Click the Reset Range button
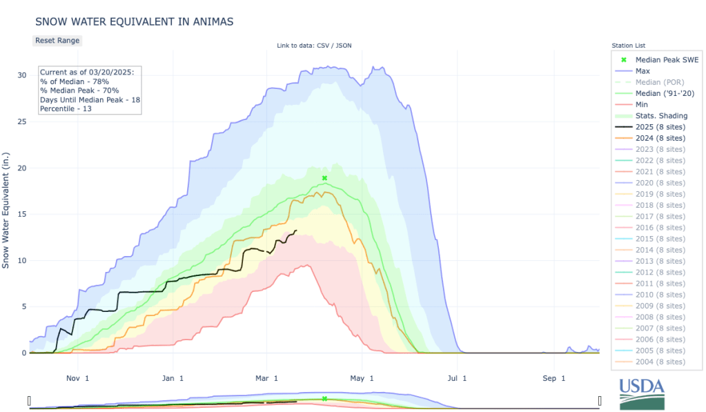57,40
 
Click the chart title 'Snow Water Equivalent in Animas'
134,21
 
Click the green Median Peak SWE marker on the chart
324,178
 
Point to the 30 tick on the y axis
21,75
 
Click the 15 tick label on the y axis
21,214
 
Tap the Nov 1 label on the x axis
77,378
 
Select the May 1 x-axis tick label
361,378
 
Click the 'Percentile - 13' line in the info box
66,108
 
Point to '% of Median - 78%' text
75,81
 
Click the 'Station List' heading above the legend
629,46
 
